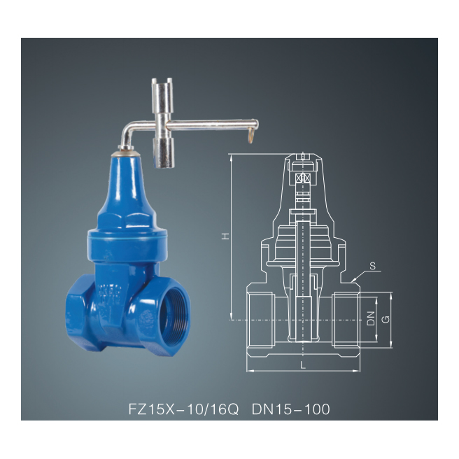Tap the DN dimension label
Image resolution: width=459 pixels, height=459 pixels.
click(371, 318)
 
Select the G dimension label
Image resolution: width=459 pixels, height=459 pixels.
click(384, 318)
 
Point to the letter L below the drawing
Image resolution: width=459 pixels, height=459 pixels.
click(302, 365)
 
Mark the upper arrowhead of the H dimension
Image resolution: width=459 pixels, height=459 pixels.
click(230, 155)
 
